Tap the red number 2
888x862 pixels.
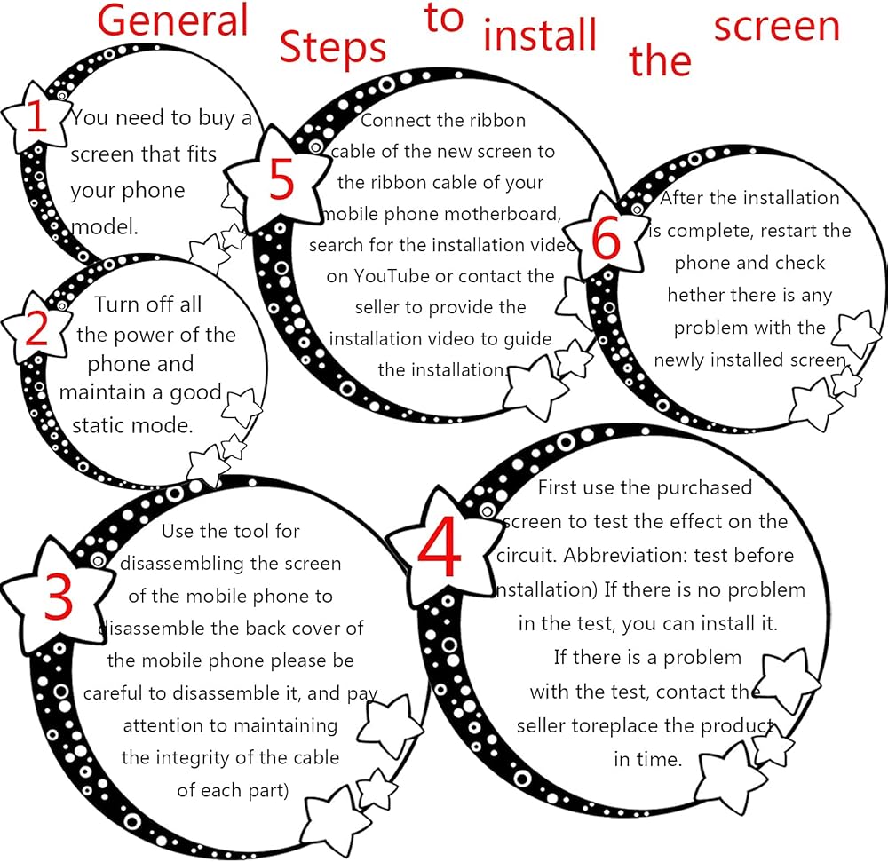37,329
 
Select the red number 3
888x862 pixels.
58,597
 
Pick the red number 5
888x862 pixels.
281,180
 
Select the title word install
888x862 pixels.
539,36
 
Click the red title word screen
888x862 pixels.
776,26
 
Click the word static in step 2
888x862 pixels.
99,425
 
